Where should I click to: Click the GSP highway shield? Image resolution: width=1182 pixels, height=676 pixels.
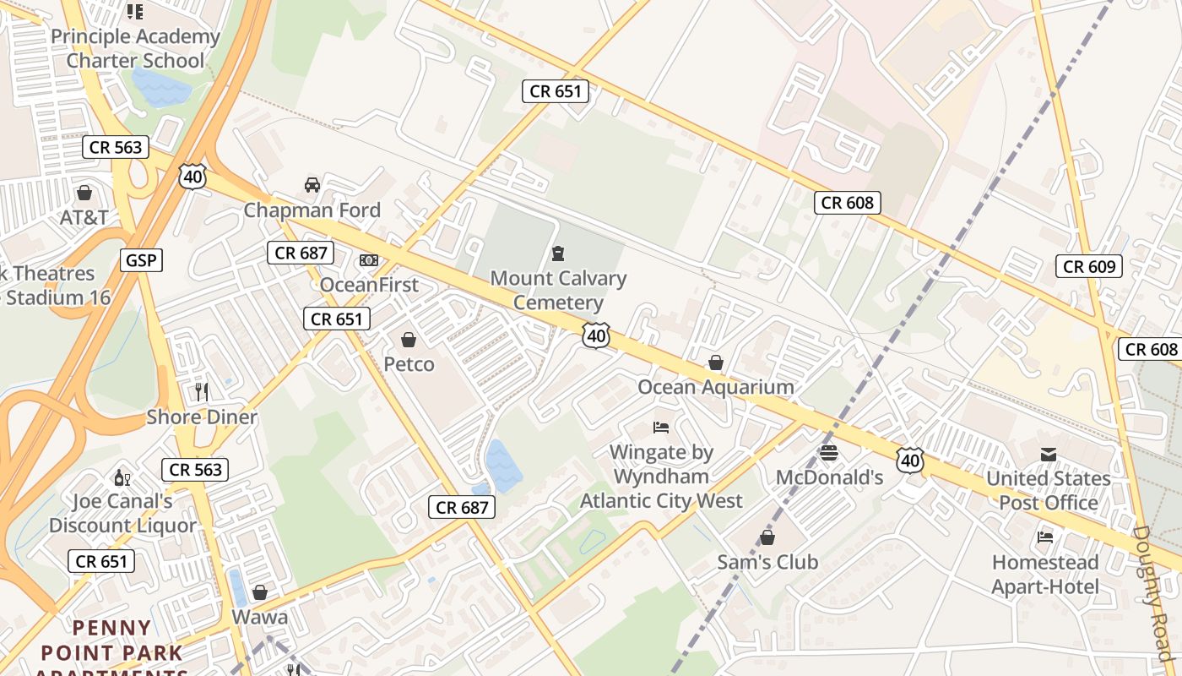140,260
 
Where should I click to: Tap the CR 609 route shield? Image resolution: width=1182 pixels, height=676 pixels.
1089,267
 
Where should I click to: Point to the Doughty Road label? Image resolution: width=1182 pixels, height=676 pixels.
1154,591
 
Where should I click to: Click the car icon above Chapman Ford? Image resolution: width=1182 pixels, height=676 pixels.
312,184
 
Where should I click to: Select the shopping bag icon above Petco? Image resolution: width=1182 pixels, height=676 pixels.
409,340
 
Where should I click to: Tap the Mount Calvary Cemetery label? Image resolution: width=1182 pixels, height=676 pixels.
558,290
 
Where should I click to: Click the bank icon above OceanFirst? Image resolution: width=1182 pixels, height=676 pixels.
369,260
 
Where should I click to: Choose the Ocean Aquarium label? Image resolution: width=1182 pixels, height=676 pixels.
715,387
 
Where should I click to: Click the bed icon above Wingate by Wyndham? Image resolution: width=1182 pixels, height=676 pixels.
661,428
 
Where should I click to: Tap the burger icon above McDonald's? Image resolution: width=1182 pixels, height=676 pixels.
828,453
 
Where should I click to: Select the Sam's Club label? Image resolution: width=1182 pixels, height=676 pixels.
767,562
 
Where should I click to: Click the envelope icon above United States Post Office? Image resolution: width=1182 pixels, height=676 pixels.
1048,455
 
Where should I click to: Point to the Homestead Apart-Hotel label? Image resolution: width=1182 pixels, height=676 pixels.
1045,575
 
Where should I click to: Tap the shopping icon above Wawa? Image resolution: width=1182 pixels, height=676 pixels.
260,592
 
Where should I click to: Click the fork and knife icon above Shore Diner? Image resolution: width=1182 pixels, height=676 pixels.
202,391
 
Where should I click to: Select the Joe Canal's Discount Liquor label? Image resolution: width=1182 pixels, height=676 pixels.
122,513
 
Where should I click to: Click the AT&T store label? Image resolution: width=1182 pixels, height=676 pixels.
84,217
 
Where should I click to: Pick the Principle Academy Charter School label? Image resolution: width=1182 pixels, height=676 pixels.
135,48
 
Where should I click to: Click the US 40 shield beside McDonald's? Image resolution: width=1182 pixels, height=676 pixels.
910,461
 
